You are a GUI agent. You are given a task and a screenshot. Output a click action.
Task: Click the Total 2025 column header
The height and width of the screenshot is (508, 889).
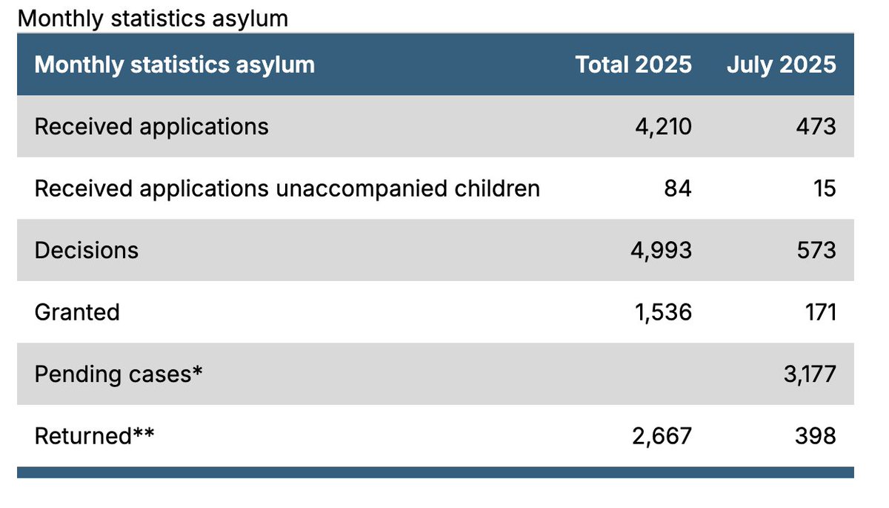pos(633,65)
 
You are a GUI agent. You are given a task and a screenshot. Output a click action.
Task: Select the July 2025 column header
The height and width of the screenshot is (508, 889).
pos(781,65)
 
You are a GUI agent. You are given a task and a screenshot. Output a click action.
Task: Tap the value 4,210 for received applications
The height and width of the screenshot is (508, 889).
pos(663,127)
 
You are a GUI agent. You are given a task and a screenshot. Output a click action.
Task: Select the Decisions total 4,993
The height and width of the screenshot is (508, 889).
pos(662,250)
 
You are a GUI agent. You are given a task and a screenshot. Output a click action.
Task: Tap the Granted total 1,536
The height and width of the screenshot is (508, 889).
pos(663,311)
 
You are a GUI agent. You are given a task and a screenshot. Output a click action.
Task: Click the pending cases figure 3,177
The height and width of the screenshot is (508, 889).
pos(809,374)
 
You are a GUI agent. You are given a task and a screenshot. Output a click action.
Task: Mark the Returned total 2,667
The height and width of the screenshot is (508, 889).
pos(662,435)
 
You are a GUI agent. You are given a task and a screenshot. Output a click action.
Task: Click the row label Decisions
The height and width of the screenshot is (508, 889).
pos(86,250)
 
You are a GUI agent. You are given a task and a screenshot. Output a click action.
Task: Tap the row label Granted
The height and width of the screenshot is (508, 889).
pos(77,311)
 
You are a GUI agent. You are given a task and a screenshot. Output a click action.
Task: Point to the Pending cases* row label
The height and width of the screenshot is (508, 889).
pos(119,374)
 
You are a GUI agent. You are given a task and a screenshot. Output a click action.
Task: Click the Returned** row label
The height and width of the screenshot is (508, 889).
pos(94,435)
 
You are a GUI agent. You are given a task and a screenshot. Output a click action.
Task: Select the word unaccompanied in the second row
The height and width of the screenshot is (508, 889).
pos(362,189)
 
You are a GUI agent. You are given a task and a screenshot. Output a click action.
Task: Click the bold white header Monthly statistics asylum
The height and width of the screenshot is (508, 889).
pos(174,65)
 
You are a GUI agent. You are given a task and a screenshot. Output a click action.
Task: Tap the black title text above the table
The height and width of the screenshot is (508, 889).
pos(153,18)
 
